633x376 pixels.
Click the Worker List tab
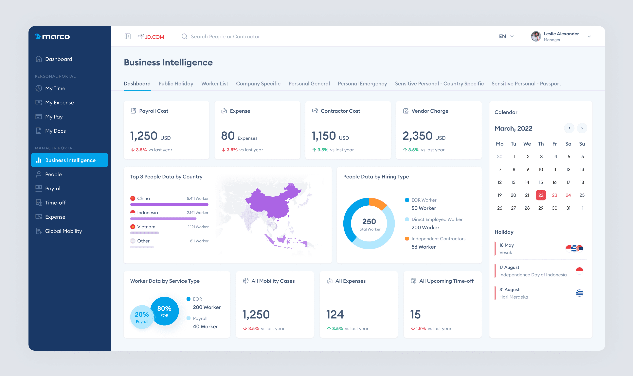pyautogui.click(x=214, y=84)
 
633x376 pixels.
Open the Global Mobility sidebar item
pyautogui.click(x=63, y=231)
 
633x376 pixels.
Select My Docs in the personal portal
pyautogui.click(x=55, y=131)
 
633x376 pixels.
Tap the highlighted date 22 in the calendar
pyautogui.click(x=541, y=195)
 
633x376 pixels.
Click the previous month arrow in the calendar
pyautogui.click(x=569, y=128)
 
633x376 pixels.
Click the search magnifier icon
pyautogui.click(x=185, y=36)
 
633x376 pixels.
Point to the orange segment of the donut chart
pyautogui.click(x=378, y=203)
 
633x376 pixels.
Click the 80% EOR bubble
pyautogui.click(x=164, y=311)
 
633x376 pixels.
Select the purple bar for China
pyautogui.click(x=169, y=204)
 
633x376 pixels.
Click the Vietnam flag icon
pyautogui.click(x=133, y=227)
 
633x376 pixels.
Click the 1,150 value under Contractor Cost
pyautogui.click(x=324, y=136)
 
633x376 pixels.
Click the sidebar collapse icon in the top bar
pyautogui.click(x=128, y=36)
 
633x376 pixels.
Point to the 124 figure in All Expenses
pyautogui.click(x=335, y=315)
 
